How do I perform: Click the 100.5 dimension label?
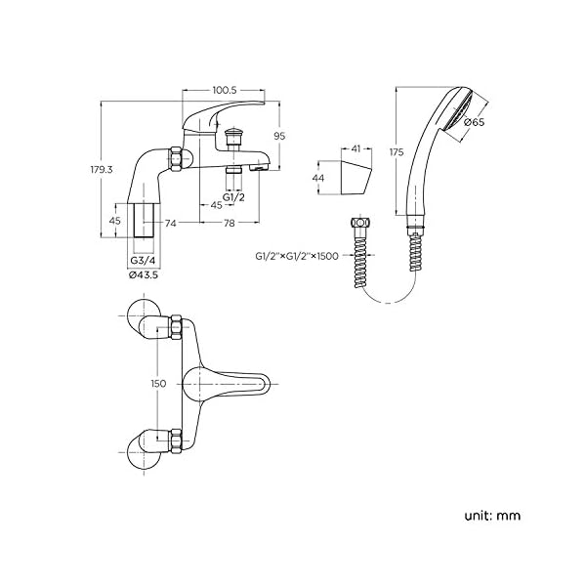[x=225, y=90]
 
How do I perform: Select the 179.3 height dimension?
[x=101, y=170]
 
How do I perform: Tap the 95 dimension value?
[x=279, y=136]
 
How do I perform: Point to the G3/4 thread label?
[x=144, y=260]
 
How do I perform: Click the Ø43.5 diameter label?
[x=144, y=275]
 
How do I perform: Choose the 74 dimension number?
[x=170, y=223]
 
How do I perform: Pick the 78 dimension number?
[x=230, y=223]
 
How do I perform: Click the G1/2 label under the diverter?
[x=234, y=197]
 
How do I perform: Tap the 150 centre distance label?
[x=158, y=384]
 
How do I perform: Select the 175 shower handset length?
[x=397, y=152]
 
